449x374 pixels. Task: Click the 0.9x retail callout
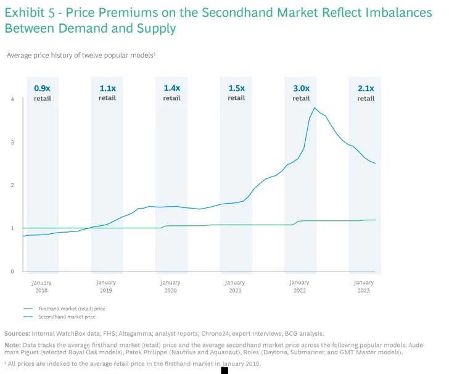click(42, 93)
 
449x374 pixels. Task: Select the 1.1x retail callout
click(107, 93)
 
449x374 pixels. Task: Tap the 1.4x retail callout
click(171, 93)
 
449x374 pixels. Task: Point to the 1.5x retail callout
click(236, 93)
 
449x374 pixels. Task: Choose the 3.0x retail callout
click(301, 93)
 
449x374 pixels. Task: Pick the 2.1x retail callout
click(366, 93)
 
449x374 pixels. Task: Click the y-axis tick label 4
click(12, 99)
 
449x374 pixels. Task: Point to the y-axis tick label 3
click(12, 143)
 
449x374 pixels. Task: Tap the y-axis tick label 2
click(12, 185)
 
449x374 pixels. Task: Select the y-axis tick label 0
click(12, 272)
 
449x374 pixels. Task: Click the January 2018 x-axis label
click(42, 286)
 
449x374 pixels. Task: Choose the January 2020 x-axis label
click(171, 286)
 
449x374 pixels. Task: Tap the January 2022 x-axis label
click(300, 286)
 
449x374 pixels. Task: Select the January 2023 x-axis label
click(364, 286)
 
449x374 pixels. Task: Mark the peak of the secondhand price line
click(315, 108)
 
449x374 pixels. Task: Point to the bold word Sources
click(17, 333)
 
